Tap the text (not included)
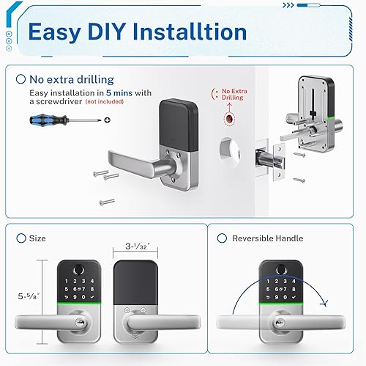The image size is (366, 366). pyautogui.click(x=105, y=103)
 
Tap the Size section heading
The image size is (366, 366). pyautogui.click(x=37, y=238)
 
